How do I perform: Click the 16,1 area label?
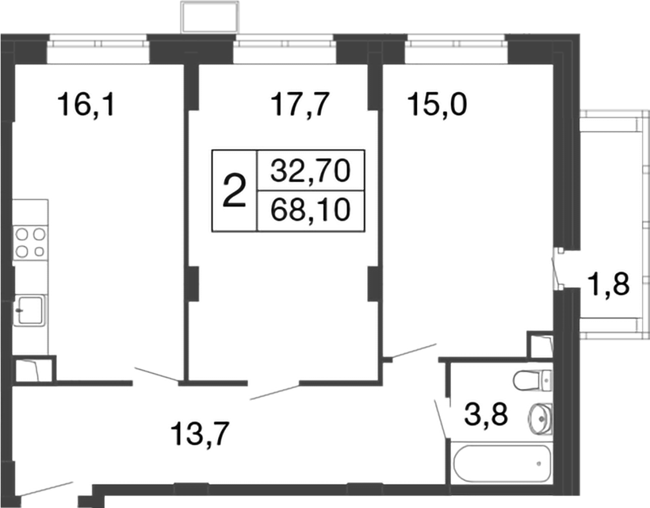click(x=86, y=104)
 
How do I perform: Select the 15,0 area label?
click(x=437, y=104)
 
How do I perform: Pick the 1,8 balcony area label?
click(x=608, y=283)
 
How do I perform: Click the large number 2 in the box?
click(x=234, y=191)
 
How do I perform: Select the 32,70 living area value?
click(x=311, y=170)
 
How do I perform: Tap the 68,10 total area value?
click(x=311, y=211)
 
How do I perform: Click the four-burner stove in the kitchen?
click(x=30, y=242)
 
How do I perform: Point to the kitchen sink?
click(x=30, y=310)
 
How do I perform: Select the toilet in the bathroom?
click(x=532, y=380)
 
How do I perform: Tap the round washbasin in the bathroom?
click(x=541, y=415)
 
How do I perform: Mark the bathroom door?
click(x=441, y=418)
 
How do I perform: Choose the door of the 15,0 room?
click(x=410, y=351)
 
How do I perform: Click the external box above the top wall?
click(x=209, y=17)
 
